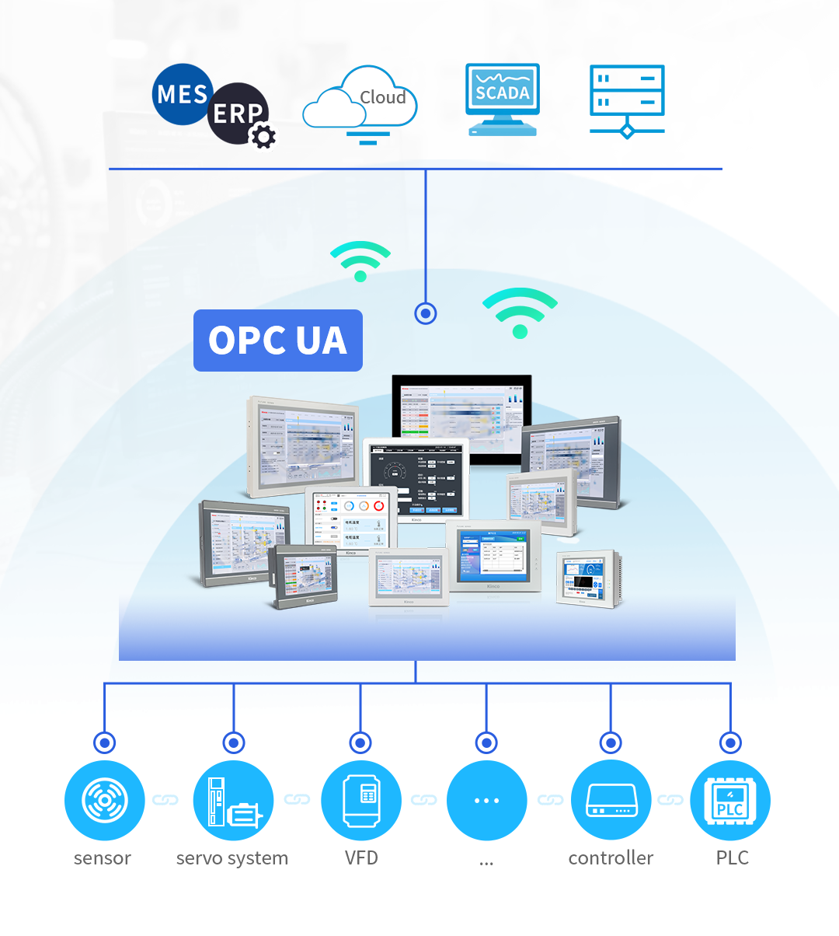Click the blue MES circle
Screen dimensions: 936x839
pos(180,94)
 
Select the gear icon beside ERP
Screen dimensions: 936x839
pos(263,137)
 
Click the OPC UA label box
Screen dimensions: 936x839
pos(278,341)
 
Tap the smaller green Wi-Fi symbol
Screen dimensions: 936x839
pos(360,260)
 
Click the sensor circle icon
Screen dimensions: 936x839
pos(105,800)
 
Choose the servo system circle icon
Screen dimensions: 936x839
pos(233,800)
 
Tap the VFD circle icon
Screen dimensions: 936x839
pos(360,800)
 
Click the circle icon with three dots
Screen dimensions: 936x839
pos(486,800)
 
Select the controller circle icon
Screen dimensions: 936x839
pos(611,800)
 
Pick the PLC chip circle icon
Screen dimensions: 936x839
pos(730,800)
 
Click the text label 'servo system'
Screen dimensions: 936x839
pos(232,858)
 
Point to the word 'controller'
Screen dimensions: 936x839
pos(611,858)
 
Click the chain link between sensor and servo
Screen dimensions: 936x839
pos(165,800)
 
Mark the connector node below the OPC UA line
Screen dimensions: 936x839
pos(426,313)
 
